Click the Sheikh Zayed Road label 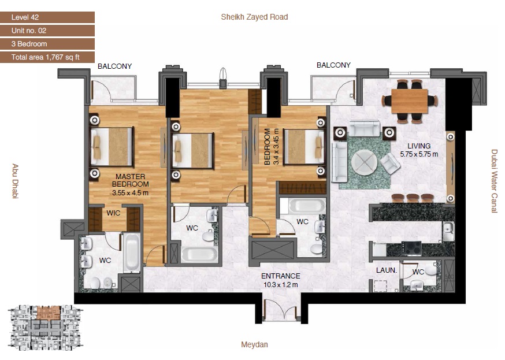(x=254, y=17)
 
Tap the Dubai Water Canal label (x=494, y=181)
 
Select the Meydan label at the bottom (x=254, y=345)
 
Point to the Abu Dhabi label (x=15, y=181)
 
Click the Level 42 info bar (x=47, y=17)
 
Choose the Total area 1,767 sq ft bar (x=47, y=57)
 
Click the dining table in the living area (x=409, y=101)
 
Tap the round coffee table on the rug (x=364, y=161)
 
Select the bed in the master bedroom (x=112, y=147)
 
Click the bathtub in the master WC (x=131, y=253)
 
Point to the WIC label (x=113, y=213)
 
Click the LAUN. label (x=385, y=270)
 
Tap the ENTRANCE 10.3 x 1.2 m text (x=280, y=280)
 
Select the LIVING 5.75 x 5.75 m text (x=419, y=150)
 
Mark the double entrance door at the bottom (x=280, y=309)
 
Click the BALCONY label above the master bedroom (x=114, y=66)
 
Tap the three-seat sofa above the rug (x=363, y=129)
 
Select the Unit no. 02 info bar (x=47, y=31)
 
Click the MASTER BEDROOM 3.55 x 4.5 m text (x=130, y=184)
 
